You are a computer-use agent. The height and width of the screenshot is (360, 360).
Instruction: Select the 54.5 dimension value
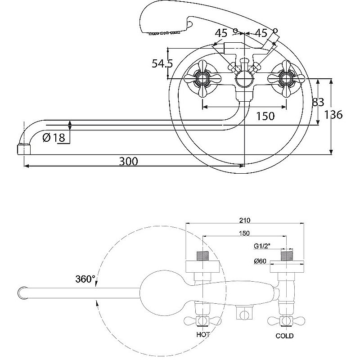pyautogui.click(x=162, y=64)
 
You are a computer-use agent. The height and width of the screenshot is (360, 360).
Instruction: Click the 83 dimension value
pyautogui.click(x=318, y=102)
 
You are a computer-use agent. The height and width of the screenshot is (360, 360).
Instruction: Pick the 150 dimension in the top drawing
pyautogui.click(x=265, y=116)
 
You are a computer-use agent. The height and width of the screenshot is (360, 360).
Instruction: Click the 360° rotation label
pyautogui.click(x=85, y=279)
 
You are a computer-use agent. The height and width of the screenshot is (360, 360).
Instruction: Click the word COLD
pyautogui.click(x=284, y=336)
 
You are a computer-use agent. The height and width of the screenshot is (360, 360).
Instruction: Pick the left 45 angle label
pyautogui.click(x=221, y=33)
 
